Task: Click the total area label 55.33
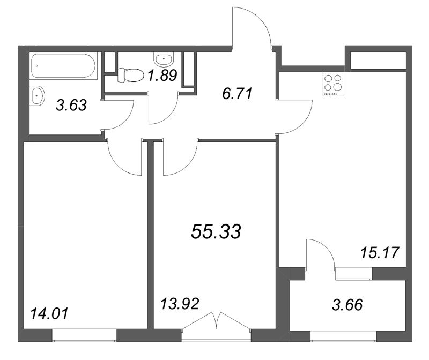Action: click(x=216, y=232)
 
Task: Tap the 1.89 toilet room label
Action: click(x=162, y=76)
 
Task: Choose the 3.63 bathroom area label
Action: click(x=71, y=105)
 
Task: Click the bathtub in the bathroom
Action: click(x=63, y=66)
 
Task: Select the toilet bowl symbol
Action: click(x=130, y=74)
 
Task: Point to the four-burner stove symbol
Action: click(x=333, y=85)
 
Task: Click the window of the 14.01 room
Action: click(x=84, y=336)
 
